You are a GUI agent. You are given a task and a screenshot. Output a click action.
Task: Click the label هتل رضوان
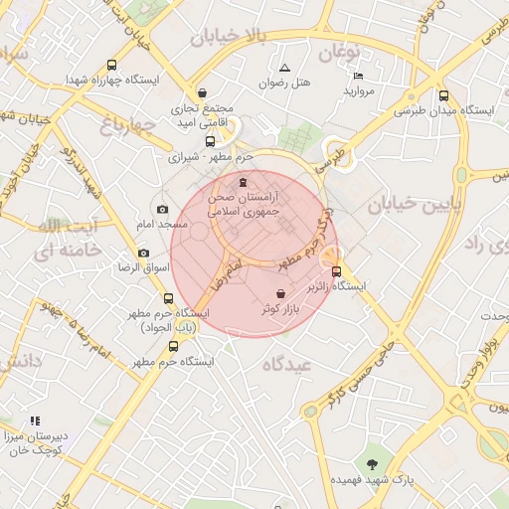click(285, 84)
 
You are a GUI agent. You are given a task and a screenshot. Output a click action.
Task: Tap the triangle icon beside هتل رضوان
click(285, 68)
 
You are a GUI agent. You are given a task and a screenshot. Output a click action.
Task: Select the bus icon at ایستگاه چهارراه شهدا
click(110, 66)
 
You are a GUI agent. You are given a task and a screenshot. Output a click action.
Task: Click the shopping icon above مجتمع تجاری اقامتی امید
click(202, 92)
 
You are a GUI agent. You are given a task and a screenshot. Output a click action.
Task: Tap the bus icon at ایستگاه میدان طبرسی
click(442, 96)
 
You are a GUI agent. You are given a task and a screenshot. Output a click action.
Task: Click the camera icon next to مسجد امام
click(163, 210)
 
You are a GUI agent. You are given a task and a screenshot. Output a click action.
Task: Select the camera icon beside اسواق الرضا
click(144, 253)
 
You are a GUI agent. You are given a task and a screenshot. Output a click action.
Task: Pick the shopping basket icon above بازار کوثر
click(281, 294)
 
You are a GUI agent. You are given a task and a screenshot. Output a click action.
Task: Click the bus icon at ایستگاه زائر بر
click(336, 271)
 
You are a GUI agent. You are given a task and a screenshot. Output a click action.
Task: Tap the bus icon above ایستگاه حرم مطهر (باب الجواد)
click(167, 298)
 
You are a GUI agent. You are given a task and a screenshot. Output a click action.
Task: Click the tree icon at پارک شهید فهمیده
click(372, 464)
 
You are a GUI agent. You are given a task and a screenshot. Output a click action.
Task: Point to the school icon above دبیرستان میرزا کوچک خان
click(36, 422)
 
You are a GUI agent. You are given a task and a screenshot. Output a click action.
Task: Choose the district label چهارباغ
click(128, 125)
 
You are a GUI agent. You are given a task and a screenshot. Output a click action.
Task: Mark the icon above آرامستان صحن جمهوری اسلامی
click(244, 182)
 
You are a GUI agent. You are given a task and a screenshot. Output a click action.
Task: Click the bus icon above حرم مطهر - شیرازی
click(210, 141)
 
